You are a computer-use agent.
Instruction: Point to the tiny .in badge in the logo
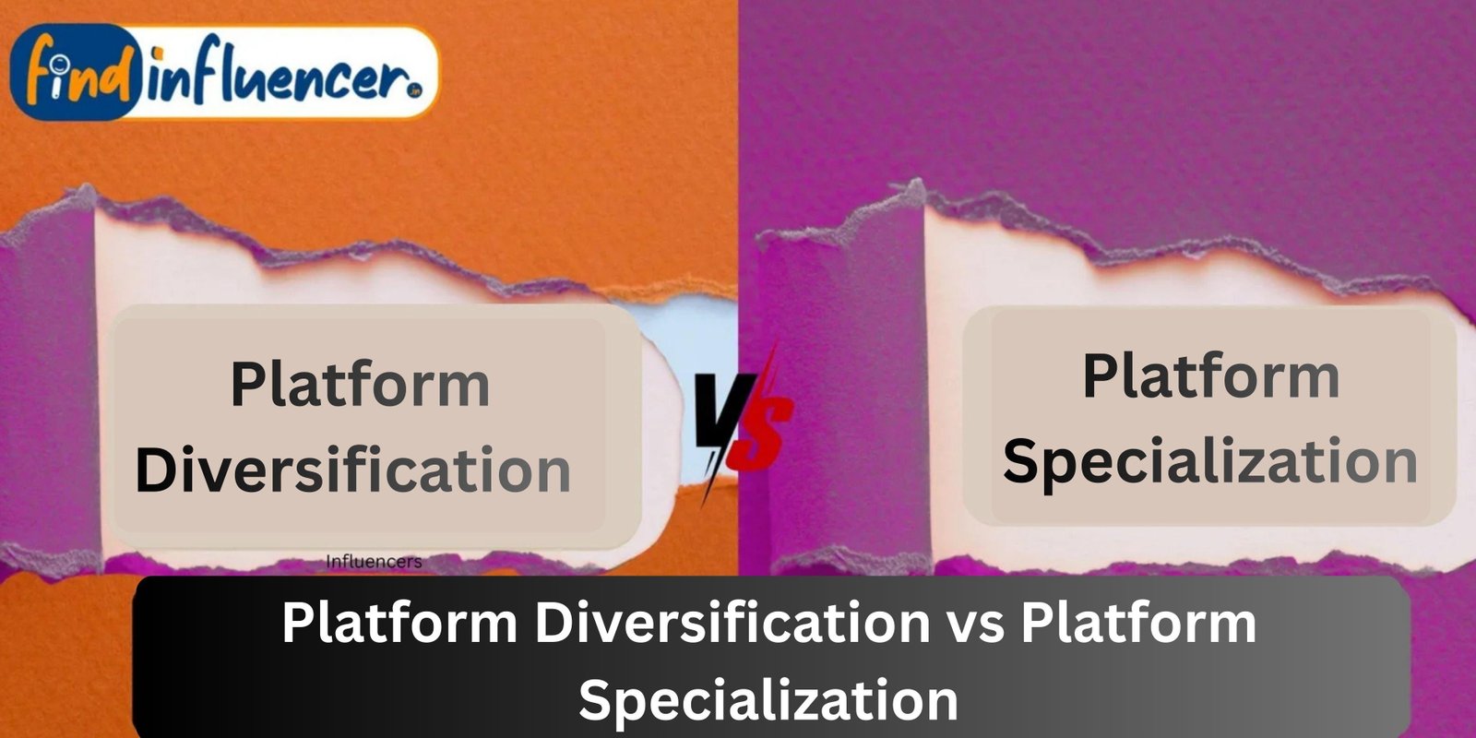pos(414,92)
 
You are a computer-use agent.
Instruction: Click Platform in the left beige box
pos(360,385)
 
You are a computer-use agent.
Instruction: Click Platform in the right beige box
pos(1211,376)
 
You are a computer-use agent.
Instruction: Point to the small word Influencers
pos(374,562)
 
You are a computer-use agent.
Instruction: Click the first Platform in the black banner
pos(400,624)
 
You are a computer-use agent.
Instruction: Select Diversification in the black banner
pos(732,624)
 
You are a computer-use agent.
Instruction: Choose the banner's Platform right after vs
pos(1138,624)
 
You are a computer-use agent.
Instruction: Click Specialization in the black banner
pos(768,701)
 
